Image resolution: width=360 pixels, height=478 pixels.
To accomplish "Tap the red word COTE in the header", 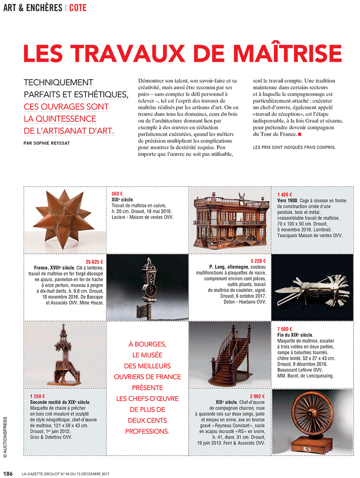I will [x=78, y=8].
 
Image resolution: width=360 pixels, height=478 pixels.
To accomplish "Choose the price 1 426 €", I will [x=285, y=194].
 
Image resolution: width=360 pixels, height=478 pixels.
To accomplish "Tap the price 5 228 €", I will [x=258, y=262].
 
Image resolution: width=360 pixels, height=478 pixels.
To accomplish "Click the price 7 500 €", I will [x=285, y=329].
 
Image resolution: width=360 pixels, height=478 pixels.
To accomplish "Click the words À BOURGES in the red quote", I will [x=148, y=344].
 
